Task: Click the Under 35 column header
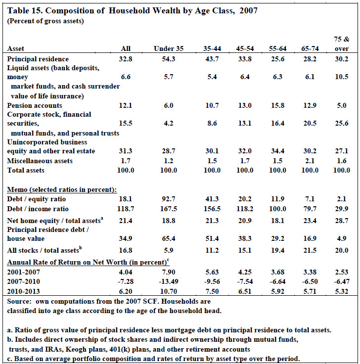tap(169, 48)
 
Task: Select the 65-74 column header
tap(310, 48)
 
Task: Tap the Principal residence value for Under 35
tap(169, 59)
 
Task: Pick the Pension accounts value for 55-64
tap(277, 105)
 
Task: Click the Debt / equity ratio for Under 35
tap(169, 199)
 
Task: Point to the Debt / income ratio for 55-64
tap(277, 209)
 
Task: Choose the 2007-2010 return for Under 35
tap(169, 281)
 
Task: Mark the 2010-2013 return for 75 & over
tap(342, 291)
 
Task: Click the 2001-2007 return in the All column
tap(126, 272)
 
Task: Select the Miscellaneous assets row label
tap(40, 161)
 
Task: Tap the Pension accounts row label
tap(35, 105)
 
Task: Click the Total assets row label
tap(26, 170)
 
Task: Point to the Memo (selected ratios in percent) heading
tap(62, 189)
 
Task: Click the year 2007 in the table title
tap(249, 11)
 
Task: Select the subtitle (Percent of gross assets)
tap(45, 21)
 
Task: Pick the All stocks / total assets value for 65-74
tap(310, 250)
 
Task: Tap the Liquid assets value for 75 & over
tap(342, 77)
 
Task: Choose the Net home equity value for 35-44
tap(212, 221)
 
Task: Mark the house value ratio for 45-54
tap(245, 238)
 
